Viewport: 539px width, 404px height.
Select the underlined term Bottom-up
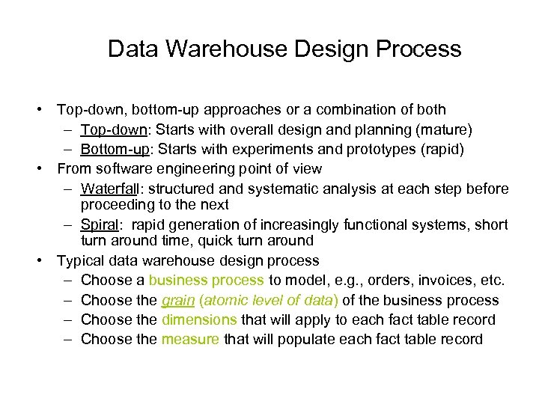pos(115,150)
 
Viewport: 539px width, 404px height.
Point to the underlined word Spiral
pos(99,224)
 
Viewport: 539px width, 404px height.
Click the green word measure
pos(190,339)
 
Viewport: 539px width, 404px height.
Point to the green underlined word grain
pos(177,300)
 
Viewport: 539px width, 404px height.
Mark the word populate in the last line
pos(296,339)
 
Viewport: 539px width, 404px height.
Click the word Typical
pos(80,260)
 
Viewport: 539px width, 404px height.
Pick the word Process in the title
pos(420,49)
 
